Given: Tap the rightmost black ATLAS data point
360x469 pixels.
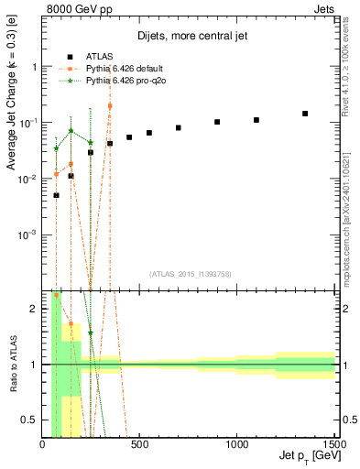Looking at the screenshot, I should pyautogui.click(x=305, y=114).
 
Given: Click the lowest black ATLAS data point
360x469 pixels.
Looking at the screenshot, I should pyautogui.click(x=56, y=195).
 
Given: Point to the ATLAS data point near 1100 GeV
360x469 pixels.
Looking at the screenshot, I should pyautogui.click(x=256, y=120).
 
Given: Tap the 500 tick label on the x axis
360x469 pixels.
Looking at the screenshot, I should pyautogui.click(x=140, y=446).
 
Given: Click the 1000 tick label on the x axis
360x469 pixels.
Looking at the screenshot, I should pyautogui.click(x=237, y=446).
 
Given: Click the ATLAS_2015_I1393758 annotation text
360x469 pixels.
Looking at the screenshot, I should pyautogui.click(x=190, y=274).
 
